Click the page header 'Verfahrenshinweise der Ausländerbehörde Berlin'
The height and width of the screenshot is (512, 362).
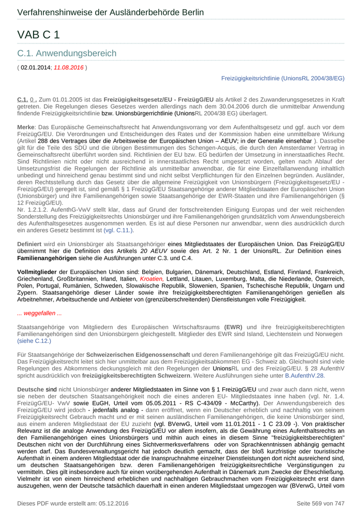tap(110, 12)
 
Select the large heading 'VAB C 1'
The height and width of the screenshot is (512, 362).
tap(39, 35)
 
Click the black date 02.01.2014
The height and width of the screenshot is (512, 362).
tap(36, 67)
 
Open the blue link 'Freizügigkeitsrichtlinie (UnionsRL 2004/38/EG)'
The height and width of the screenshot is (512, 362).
tap(282, 78)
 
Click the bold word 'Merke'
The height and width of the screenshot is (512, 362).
tap(26, 127)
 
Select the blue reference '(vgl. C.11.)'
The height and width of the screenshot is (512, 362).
tap(119, 230)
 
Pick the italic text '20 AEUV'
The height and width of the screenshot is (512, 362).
tap(155, 251)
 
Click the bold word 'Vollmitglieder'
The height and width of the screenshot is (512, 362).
tap(37, 272)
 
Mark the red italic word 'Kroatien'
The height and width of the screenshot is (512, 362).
tap(152, 278)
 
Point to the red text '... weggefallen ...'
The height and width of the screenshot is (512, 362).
tap(39, 313)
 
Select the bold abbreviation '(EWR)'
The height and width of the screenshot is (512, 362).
tap(234, 327)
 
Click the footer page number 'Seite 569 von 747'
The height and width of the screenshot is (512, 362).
tap(320, 503)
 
